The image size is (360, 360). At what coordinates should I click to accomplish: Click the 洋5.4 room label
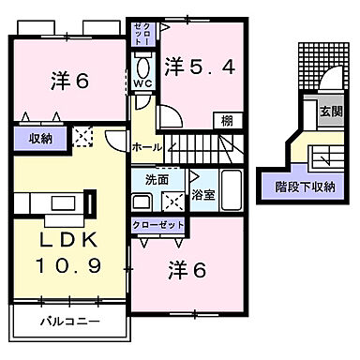(x=199, y=66)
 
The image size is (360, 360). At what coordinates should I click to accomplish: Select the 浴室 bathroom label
(x=202, y=196)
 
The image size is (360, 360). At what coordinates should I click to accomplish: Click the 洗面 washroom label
(x=156, y=178)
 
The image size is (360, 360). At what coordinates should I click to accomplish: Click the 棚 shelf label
(x=228, y=120)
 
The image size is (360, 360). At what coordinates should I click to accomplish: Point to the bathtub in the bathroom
(x=230, y=190)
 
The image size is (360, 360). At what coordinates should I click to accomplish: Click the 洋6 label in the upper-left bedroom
(x=69, y=82)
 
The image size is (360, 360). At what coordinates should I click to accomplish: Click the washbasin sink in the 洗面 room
(x=142, y=200)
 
